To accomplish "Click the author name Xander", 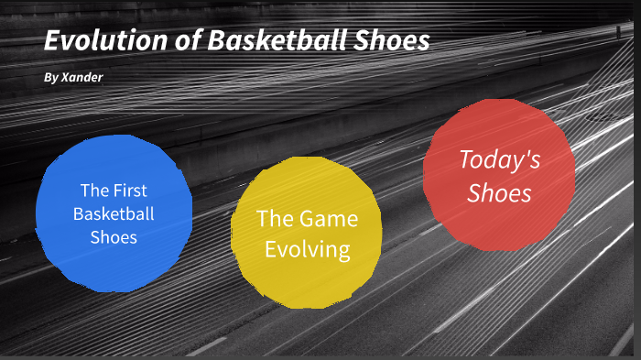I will (81, 78).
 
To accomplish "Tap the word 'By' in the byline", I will (50, 78).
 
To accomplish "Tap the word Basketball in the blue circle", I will (114, 214).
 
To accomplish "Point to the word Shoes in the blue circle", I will (114, 237).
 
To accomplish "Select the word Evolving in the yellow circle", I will (307, 249).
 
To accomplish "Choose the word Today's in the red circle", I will (500, 160).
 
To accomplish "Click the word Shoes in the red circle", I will (499, 193).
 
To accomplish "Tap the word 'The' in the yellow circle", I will (274, 219).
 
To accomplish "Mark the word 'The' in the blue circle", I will (94, 191).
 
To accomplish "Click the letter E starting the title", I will (54, 42).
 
